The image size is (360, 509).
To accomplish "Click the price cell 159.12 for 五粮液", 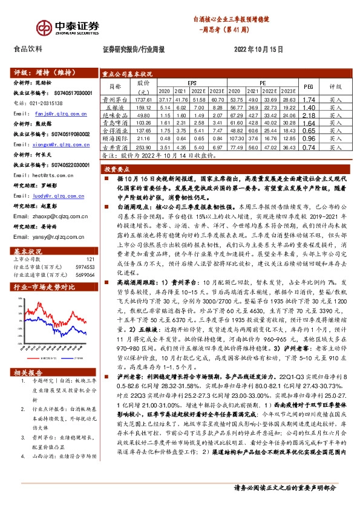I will (143, 106).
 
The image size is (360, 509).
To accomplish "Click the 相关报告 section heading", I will (28, 372).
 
